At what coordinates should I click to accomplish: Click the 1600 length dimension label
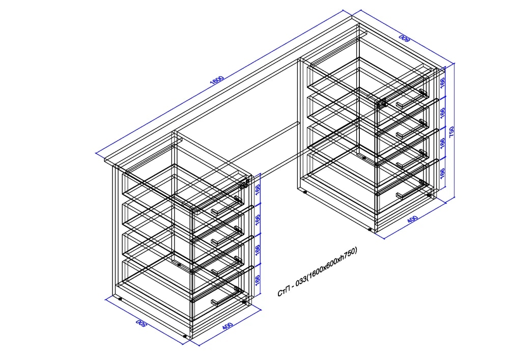217,80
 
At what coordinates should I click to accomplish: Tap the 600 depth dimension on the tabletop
405,38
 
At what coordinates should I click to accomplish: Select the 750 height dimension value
451,132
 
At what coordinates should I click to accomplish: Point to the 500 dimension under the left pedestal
140,322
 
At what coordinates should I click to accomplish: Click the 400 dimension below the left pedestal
228,326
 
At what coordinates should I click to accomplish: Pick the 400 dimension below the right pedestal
412,219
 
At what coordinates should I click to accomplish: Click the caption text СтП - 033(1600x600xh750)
317,272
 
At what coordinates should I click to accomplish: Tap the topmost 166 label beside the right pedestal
442,82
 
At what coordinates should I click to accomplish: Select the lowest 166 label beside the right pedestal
442,174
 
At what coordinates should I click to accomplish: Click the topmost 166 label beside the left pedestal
258,190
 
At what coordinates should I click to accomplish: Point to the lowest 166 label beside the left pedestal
258,281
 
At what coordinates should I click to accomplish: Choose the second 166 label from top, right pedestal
442,113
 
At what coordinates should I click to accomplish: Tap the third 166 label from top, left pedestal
258,251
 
